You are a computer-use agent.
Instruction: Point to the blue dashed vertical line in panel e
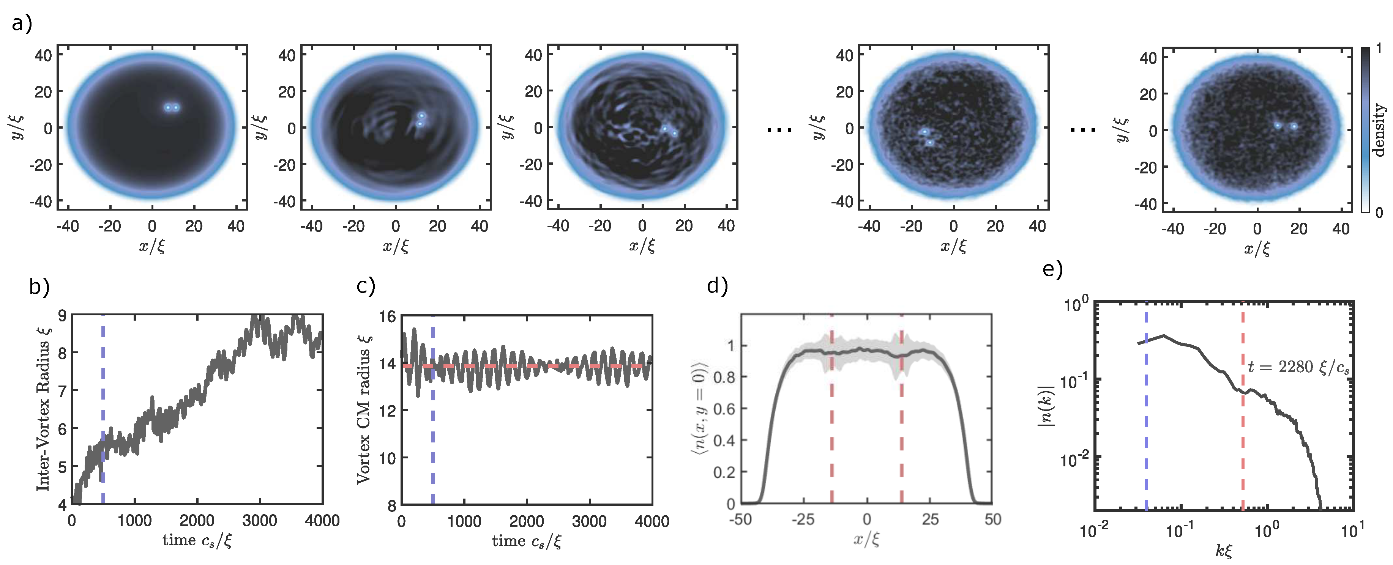point(1146,433)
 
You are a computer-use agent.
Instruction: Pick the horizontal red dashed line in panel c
point(541,367)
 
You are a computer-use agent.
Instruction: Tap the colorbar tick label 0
point(1379,212)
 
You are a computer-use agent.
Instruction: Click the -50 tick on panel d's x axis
point(740,519)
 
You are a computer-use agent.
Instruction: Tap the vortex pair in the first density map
point(172,108)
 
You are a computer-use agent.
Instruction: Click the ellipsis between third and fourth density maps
point(780,130)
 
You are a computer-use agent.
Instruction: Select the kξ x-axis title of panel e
point(1223,551)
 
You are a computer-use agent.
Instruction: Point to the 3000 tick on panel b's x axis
point(260,521)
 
